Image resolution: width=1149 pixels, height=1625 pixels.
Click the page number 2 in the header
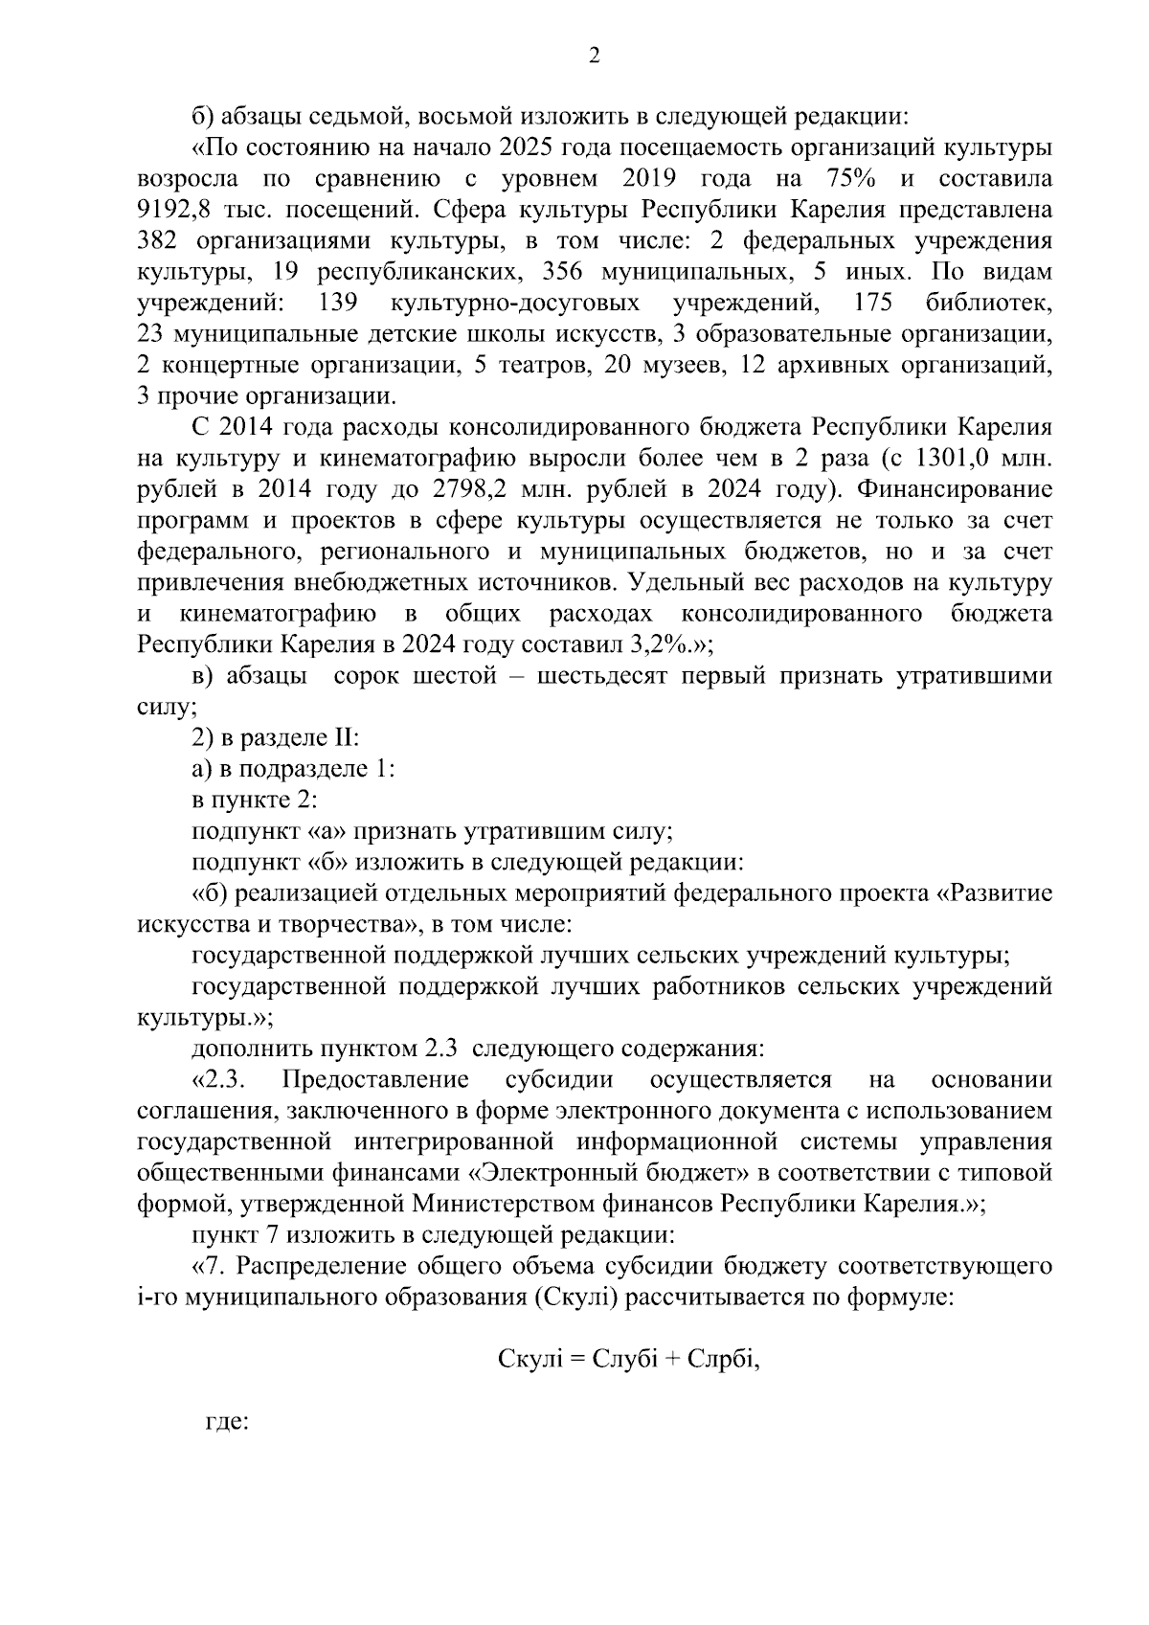(x=594, y=56)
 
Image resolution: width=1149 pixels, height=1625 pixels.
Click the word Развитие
(x=996, y=893)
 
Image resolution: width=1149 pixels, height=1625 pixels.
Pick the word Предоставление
(x=375, y=1080)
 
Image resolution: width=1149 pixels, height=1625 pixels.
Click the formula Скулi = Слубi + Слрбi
(x=629, y=1359)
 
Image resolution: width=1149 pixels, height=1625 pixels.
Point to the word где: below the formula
(x=228, y=1422)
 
